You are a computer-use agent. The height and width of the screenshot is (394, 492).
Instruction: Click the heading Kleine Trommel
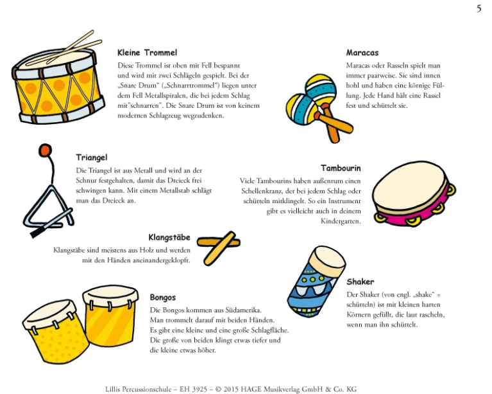(147, 53)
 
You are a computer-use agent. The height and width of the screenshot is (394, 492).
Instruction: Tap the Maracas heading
(362, 53)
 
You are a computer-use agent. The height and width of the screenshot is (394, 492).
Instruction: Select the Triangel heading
(92, 157)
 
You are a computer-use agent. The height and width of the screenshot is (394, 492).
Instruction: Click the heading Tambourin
(341, 168)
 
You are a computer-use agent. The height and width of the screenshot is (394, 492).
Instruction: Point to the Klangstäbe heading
(169, 237)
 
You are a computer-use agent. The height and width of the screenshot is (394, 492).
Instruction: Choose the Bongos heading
(163, 298)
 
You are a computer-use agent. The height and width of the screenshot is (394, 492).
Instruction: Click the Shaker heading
(361, 282)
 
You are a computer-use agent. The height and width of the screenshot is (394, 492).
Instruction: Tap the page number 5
(479, 9)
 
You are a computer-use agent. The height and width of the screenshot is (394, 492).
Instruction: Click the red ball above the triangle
(45, 150)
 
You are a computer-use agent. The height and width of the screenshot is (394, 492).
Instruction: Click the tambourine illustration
(414, 193)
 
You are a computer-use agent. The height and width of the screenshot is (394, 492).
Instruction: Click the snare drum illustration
(58, 82)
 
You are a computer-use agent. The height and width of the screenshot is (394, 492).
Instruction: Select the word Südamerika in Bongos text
(243, 310)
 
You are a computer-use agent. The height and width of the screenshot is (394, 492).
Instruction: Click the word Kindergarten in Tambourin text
(341, 221)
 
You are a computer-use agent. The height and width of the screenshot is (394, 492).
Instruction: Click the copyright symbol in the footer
(218, 390)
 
